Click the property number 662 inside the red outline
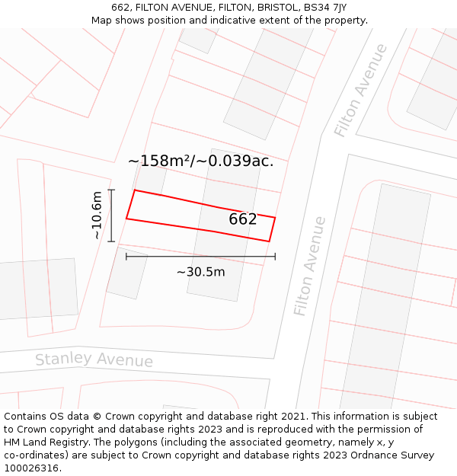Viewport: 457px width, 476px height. [243, 219]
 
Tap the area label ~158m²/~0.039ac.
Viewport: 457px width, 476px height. [200, 161]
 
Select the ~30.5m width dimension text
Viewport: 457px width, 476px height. [201, 272]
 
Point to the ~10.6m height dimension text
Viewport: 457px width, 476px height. [96, 216]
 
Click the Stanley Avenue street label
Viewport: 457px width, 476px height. [94, 359]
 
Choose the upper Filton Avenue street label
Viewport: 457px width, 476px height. [360, 91]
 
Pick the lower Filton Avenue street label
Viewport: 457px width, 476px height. [310, 267]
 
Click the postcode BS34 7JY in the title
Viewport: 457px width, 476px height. [324, 8]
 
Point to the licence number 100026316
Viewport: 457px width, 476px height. [31, 468]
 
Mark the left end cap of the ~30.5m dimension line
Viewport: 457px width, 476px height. [126, 257]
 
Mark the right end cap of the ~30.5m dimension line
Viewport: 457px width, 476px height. [275, 257]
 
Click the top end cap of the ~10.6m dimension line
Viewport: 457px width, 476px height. [111, 190]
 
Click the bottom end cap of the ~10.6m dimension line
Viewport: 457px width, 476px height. [111, 241]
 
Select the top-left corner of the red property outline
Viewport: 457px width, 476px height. [135, 190]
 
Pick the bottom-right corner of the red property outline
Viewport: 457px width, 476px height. [269, 241]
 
